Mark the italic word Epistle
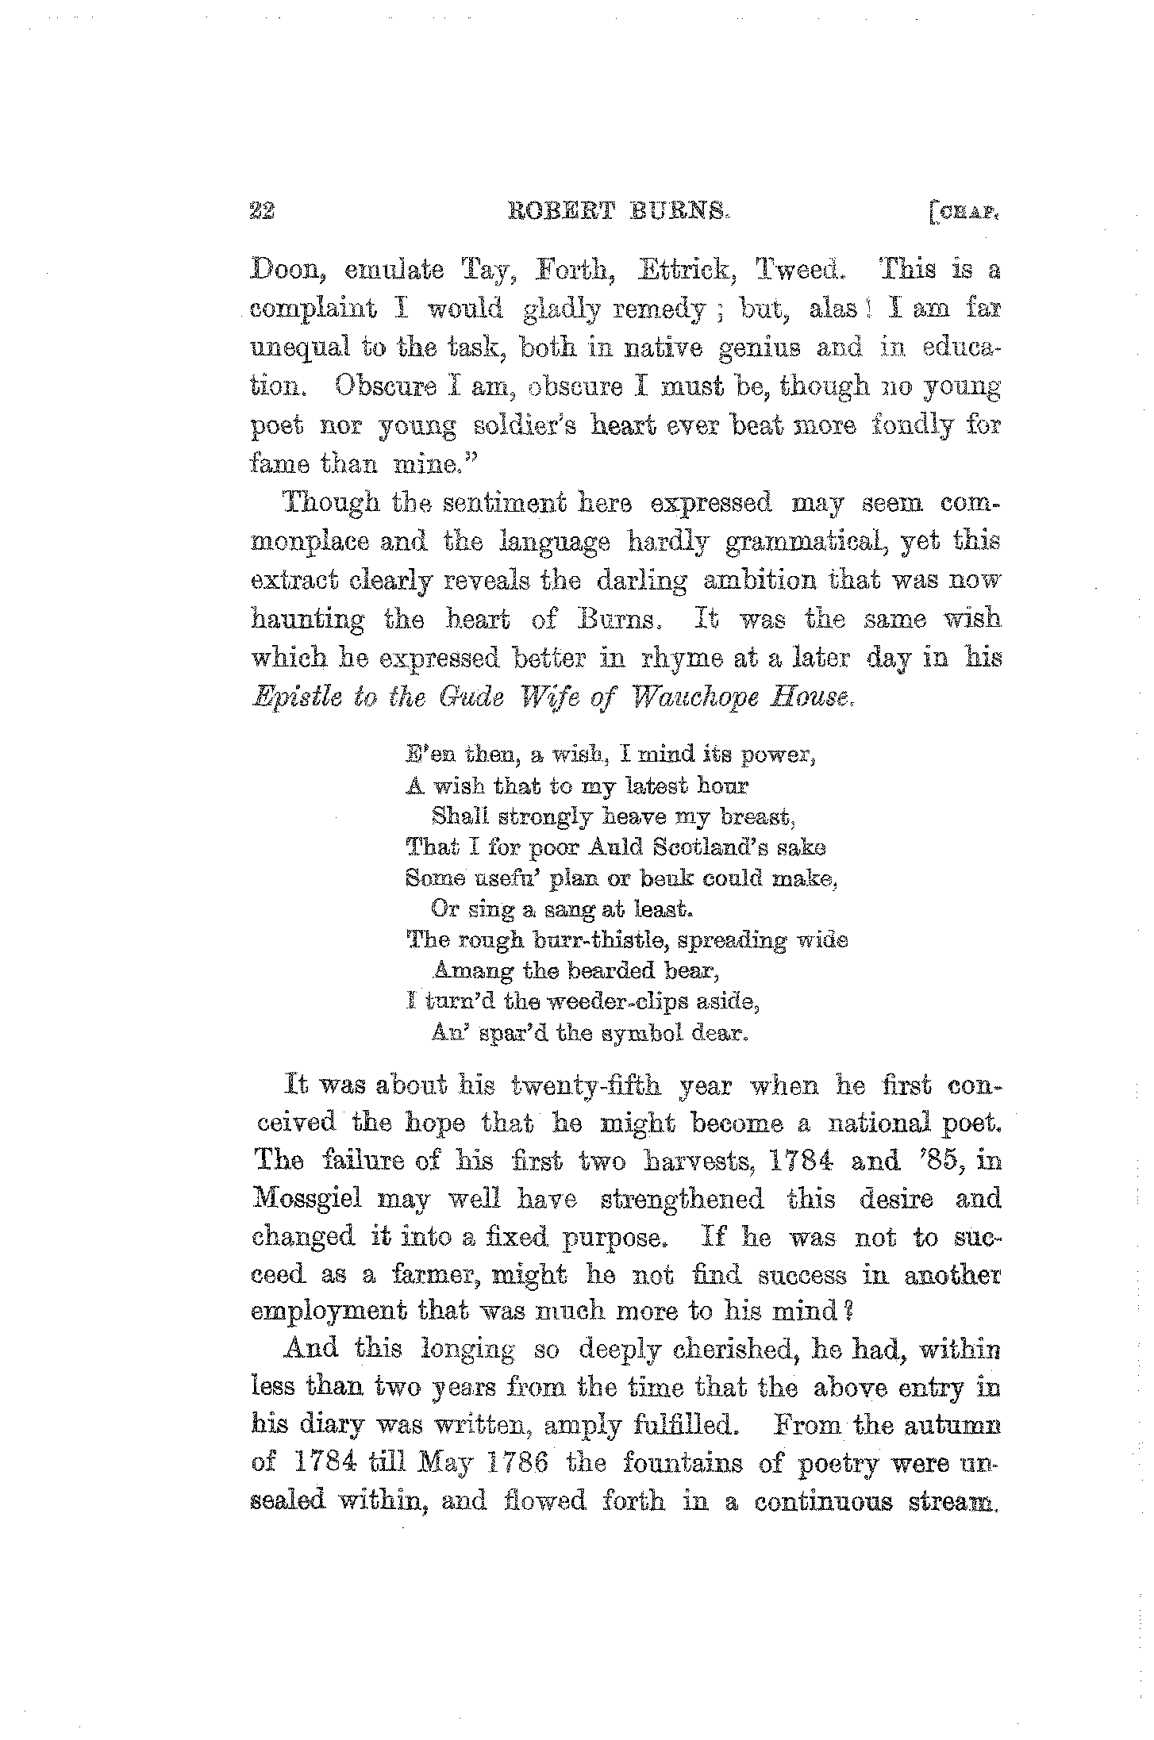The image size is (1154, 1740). click(294, 698)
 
